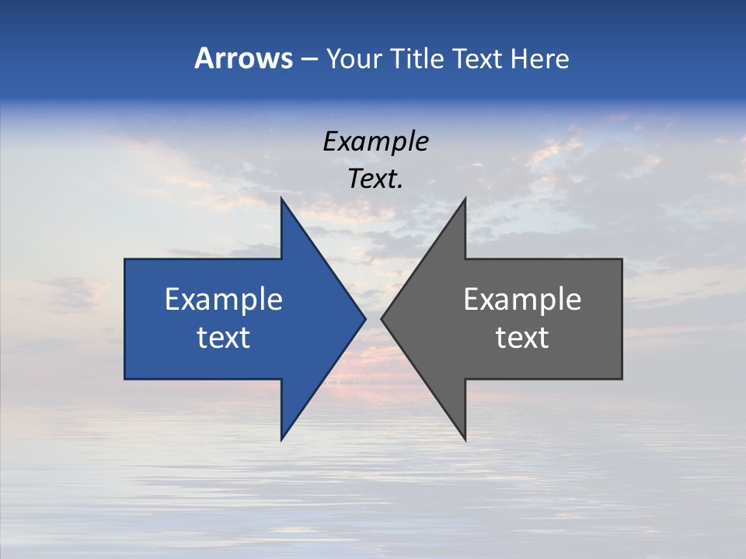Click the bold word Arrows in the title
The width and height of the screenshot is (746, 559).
243,58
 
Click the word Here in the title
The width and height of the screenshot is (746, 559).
539,58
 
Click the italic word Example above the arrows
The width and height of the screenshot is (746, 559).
375,142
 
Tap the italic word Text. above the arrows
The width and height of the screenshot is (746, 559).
375,179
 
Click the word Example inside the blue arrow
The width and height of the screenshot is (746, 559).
224,299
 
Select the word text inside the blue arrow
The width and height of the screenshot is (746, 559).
224,337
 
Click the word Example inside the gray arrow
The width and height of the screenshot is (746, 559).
522,299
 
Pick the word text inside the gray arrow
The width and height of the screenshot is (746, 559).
522,337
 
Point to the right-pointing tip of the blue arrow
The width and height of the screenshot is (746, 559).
365,318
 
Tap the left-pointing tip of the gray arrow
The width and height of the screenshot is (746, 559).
382,318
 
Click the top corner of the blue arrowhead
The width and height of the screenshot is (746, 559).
281,198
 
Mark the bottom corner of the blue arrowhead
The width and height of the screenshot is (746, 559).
281,440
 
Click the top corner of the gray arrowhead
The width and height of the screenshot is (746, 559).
465,198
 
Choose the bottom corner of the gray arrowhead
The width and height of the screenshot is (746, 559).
465,440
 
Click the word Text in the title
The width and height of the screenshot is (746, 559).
477,58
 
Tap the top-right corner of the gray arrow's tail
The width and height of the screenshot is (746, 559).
622,259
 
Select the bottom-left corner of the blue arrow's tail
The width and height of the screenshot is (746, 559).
125,379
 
